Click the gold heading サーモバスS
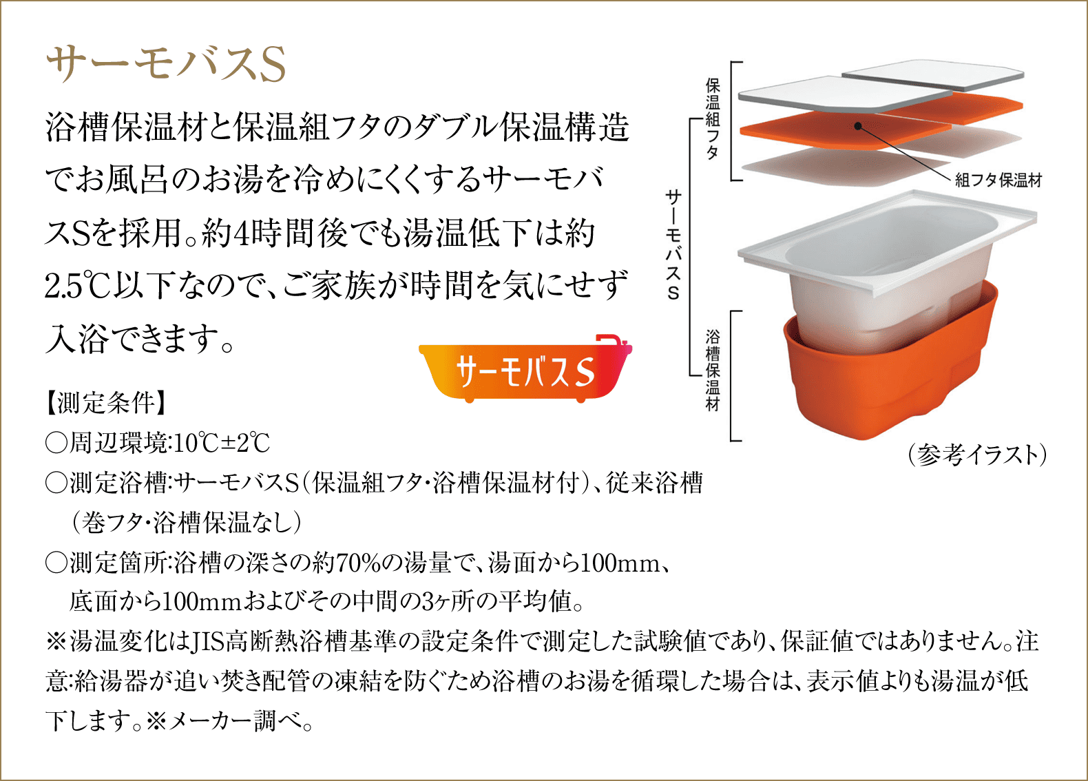click(166, 65)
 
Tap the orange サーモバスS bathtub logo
click(525, 369)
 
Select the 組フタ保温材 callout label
click(998, 180)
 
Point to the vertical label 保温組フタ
click(713, 119)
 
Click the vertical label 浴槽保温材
click(713, 371)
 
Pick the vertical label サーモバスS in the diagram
click(673, 244)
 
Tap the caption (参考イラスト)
click(977, 455)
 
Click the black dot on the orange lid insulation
click(858, 126)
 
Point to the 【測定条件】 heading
click(105, 403)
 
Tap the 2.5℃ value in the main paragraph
click(79, 286)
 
